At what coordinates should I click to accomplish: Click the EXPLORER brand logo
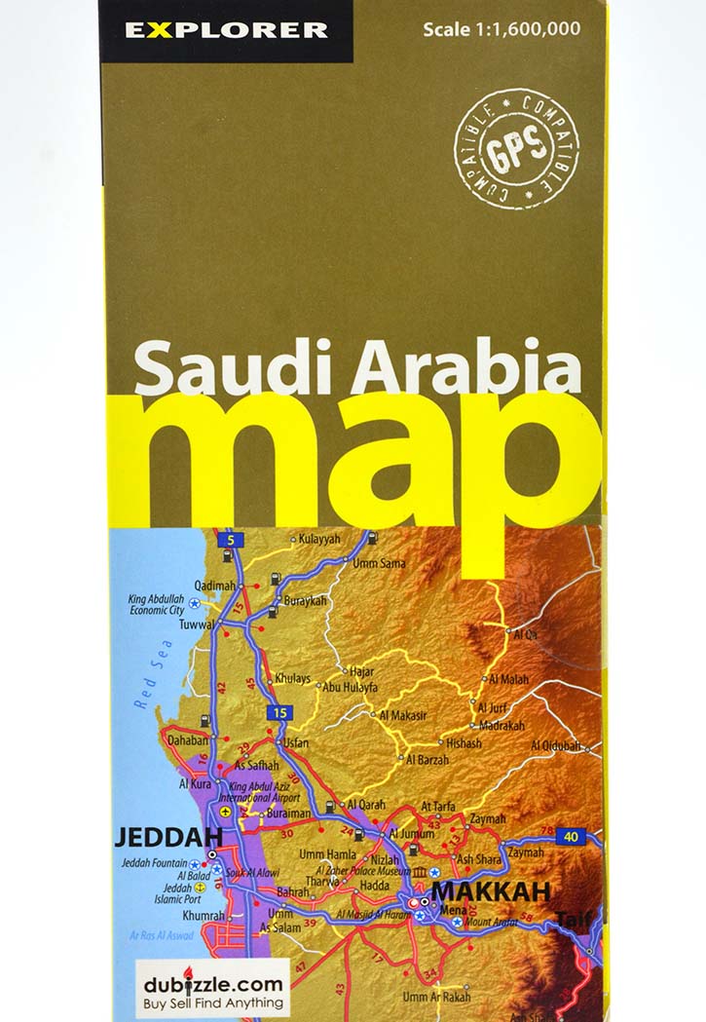coord(225,30)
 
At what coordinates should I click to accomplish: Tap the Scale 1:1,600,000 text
coord(501,29)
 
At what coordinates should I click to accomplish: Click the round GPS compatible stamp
coord(516,148)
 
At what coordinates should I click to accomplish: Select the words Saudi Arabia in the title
coord(357,369)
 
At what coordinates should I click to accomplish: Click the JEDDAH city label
coord(168,837)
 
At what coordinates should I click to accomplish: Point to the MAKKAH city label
coord(491,890)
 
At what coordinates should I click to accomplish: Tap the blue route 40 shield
coord(571,836)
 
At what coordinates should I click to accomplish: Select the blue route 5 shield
coord(230,539)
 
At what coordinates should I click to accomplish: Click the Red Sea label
coord(154,673)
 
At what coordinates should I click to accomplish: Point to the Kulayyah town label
coord(319,539)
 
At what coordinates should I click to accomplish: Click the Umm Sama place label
coord(379,563)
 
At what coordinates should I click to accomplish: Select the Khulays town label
coord(293,678)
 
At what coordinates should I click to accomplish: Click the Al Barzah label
coord(427,759)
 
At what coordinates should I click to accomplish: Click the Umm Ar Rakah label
coord(436,997)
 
